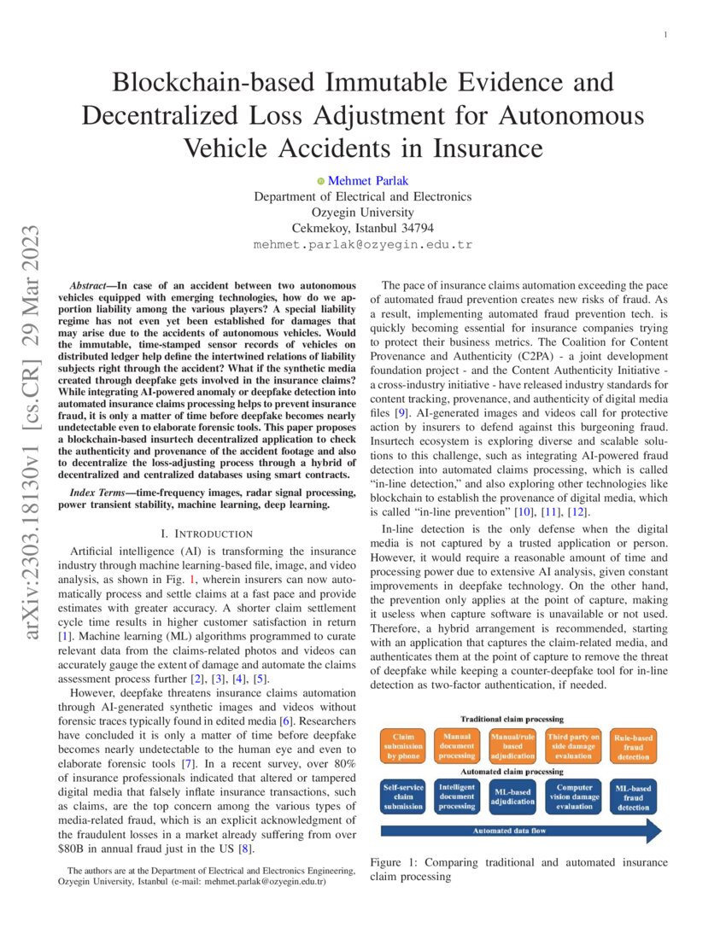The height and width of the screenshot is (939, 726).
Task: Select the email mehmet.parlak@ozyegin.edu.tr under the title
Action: [363, 244]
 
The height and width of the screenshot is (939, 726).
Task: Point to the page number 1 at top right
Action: [665, 35]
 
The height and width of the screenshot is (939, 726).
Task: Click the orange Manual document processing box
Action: [457, 744]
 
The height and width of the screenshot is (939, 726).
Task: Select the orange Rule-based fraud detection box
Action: [633, 744]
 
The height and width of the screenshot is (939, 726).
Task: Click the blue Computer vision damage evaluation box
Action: [573, 796]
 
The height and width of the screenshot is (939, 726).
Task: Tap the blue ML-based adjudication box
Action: [513, 796]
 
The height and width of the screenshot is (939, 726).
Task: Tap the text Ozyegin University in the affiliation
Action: [363, 213]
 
